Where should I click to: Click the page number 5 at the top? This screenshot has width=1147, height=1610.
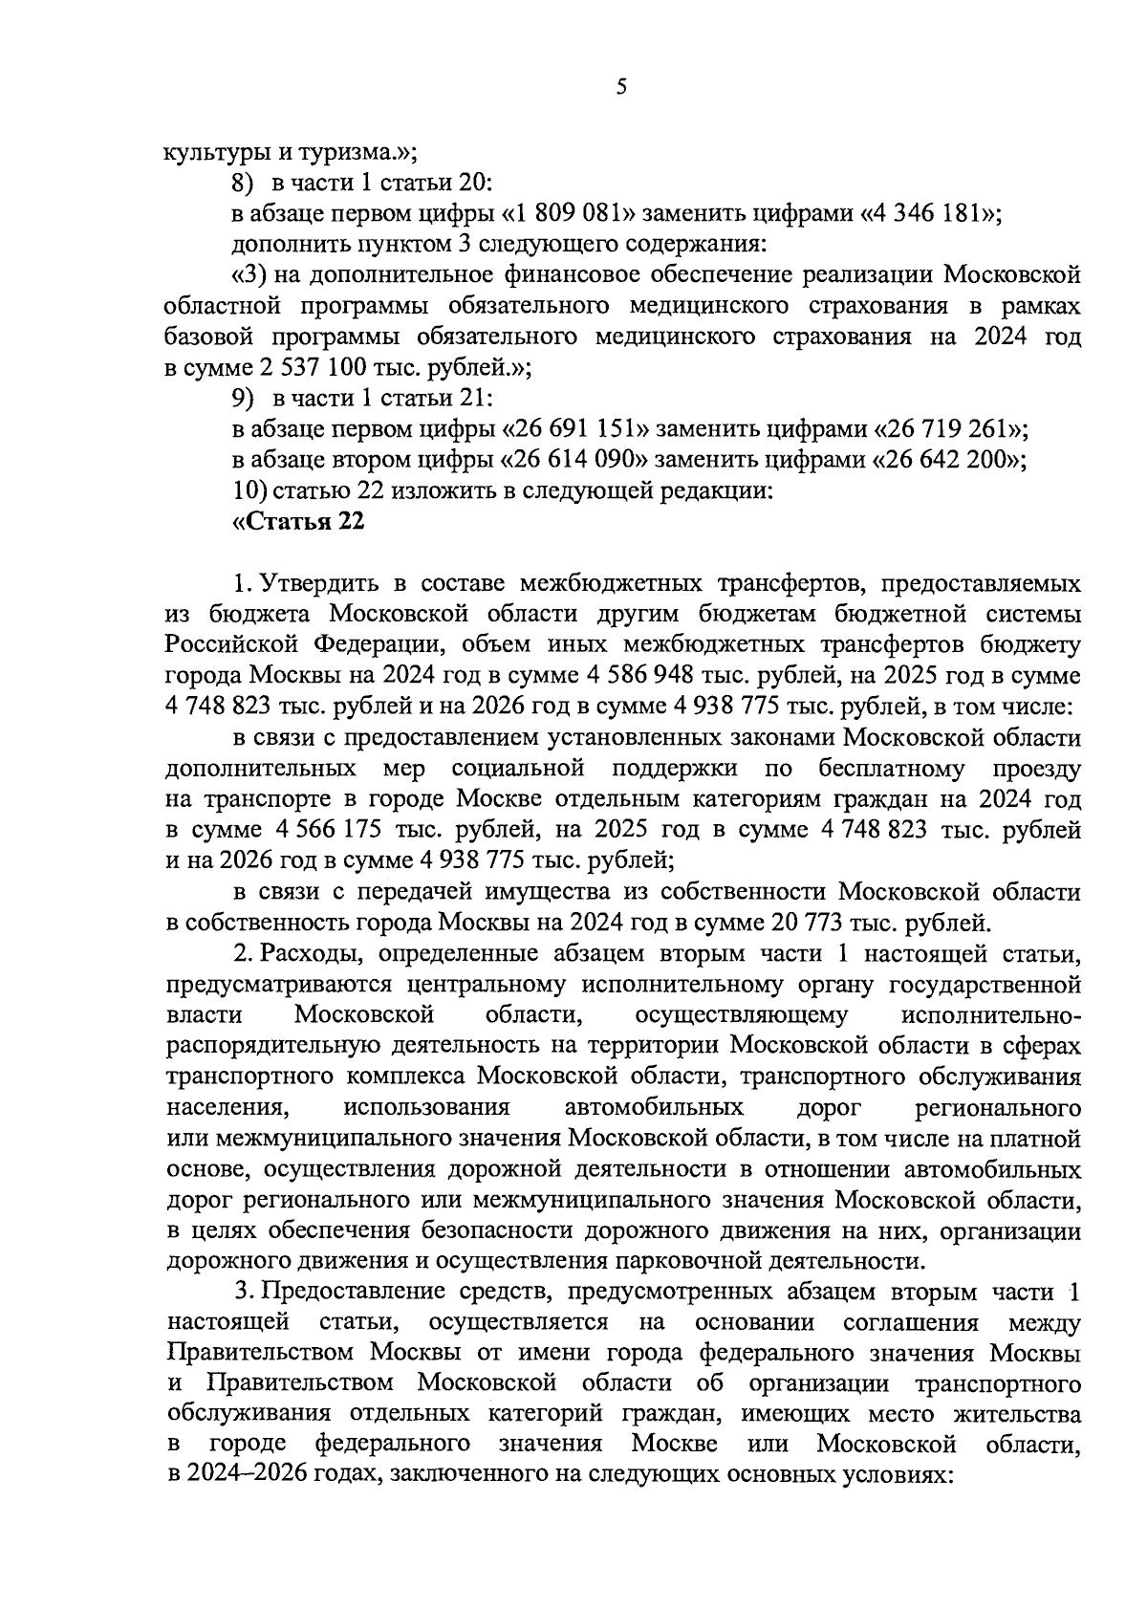point(621,88)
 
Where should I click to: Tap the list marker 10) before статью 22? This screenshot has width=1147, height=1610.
point(250,491)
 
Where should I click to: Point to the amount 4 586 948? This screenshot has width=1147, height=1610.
point(633,676)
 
